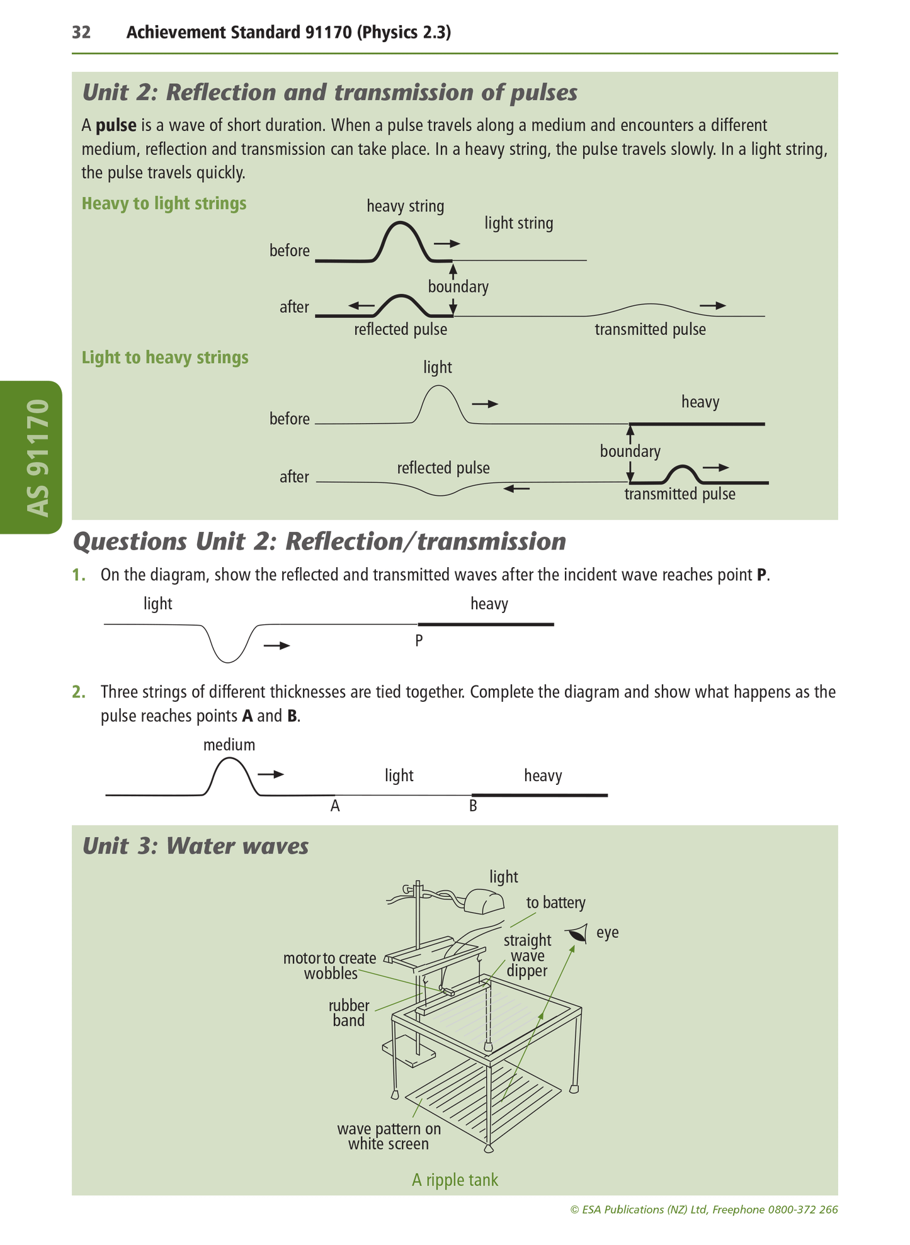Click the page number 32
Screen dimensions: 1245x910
coord(81,33)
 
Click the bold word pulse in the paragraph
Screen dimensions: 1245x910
coord(116,125)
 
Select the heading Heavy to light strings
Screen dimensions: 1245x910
coord(164,204)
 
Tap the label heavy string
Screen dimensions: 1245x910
coord(405,206)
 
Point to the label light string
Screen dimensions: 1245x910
coord(518,223)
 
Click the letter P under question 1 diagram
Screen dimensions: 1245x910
coord(419,641)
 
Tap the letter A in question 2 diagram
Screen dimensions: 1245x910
coord(335,806)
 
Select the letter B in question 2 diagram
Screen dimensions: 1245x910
coord(473,806)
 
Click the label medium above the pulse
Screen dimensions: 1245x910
coord(229,745)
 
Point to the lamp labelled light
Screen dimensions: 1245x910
coord(484,902)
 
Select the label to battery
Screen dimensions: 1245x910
coord(555,903)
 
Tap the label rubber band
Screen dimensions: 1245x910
coord(349,1013)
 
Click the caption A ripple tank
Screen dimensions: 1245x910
coord(455,1180)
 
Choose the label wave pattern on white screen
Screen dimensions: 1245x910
coord(389,1136)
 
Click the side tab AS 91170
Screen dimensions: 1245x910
coord(38,458)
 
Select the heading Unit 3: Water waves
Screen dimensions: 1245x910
coord(195,846)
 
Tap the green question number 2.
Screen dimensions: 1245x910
coord(78,692)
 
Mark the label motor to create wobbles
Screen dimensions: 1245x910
coord(330,966)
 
